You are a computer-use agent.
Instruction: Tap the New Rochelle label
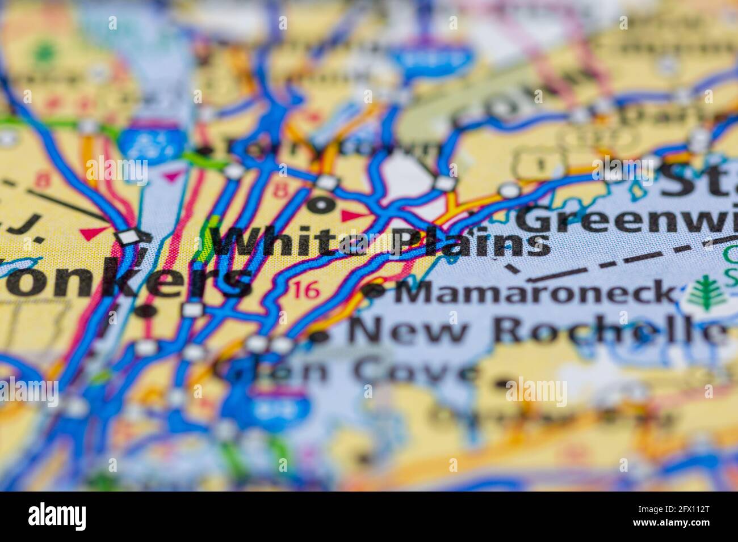(537, 331)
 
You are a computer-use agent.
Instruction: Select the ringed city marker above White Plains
(321, 205)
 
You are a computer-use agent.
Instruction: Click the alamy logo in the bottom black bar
(57, 516)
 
